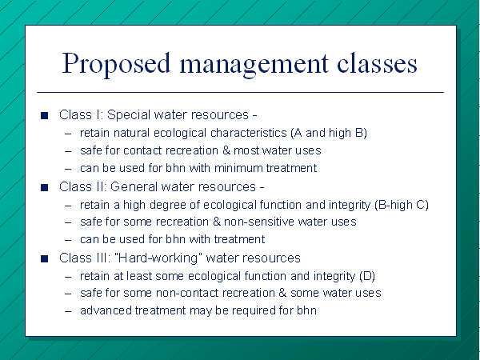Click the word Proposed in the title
tap(116, 64)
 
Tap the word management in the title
tap(254, 65)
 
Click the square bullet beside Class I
tap(44, 115)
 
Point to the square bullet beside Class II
tap(44, 187)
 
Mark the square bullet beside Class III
tap(44, 258)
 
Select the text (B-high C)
tap(402, 205)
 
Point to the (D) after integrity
tap(367, 276)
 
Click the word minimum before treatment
tap(238, 168)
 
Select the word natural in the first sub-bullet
tap(132, 133)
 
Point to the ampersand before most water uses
tap(226, 150)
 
